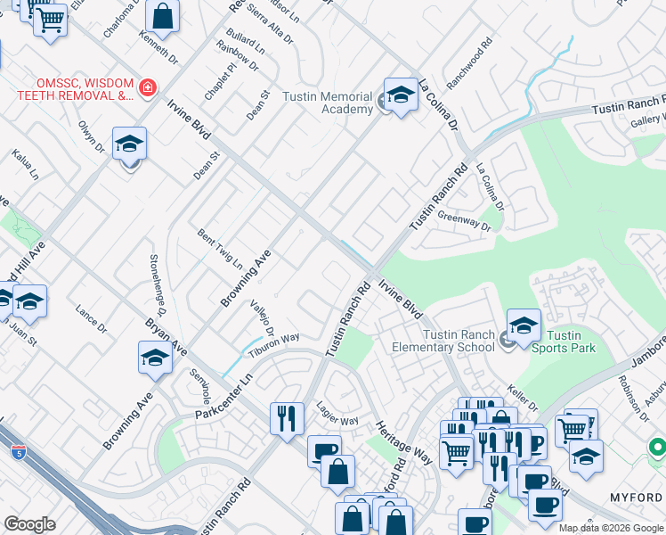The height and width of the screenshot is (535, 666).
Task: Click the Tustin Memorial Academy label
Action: (x=327, y=103)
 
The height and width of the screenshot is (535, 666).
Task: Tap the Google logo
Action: (x=30, y=523)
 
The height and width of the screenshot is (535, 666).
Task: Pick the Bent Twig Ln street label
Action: (x=219, y=250)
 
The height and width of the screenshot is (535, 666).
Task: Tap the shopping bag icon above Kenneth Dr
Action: (x=162, y=15)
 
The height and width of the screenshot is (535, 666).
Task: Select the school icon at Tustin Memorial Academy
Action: (x=401, y=95)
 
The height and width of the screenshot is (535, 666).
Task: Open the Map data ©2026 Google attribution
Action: (x=611, y=528)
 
